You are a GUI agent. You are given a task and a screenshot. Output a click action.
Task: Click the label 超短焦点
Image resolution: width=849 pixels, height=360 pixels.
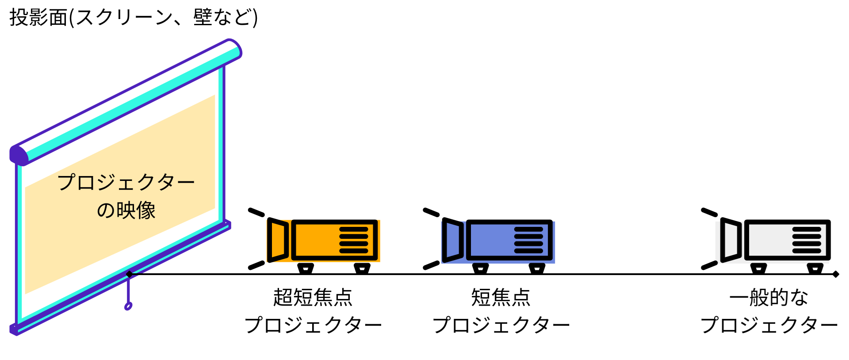click(313, 297)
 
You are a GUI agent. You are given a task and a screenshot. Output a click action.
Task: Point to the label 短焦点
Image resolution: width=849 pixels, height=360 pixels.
click(501, 297)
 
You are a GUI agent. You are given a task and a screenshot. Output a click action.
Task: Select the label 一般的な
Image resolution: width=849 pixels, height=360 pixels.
click(769, 297)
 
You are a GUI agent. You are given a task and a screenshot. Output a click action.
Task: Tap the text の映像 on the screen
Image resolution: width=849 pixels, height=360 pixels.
click(126, 210)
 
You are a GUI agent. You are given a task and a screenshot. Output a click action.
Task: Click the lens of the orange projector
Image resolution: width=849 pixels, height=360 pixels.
click(278, 240)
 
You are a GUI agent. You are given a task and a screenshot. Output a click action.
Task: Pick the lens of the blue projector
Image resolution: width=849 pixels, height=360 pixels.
click(453, 240)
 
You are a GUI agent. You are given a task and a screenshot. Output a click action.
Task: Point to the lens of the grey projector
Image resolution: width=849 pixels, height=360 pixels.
click(730, 240)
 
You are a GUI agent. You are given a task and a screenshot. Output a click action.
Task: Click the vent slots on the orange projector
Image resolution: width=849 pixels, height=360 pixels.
click(354, 240)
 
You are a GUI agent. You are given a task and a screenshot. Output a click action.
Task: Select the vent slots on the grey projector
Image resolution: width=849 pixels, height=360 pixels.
click(807, 240)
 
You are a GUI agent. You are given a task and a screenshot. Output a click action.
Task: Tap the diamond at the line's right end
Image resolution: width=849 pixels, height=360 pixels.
click(835, 274)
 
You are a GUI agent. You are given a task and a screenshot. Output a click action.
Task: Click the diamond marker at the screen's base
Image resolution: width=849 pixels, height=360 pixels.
click(129, 274)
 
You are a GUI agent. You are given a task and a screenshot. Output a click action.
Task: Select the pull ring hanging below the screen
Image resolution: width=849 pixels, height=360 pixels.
click(128, 306)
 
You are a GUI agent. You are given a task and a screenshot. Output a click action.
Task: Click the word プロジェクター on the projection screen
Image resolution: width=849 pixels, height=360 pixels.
click(126, 182)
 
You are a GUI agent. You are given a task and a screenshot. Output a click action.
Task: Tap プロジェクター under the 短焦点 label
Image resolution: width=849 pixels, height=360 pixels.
click(501, 326)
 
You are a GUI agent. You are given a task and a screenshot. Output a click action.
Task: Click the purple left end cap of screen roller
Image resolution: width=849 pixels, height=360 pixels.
click(18, 155)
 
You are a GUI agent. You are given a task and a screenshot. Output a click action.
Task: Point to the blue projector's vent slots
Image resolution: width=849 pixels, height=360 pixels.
click(529, 240)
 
